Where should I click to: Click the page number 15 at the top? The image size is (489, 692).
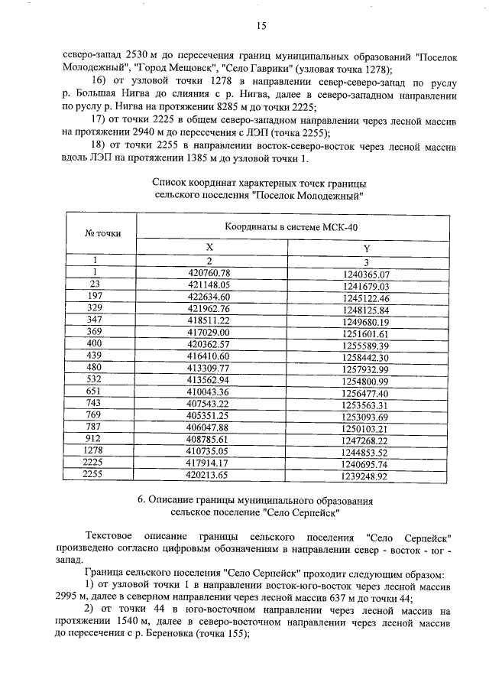[261, 25]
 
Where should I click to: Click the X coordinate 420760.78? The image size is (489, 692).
[209, 273]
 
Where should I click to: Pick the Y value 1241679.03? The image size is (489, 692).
[367, 286]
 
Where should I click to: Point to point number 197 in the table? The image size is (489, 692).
[96, 297]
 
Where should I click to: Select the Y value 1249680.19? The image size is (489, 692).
[367, 322]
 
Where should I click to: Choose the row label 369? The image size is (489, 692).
[96, 333]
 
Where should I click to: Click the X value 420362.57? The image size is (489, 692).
[209, 346]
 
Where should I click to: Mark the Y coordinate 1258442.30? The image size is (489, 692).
[367, 358]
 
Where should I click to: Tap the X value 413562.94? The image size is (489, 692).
[209, 382]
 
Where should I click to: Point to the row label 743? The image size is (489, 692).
[96, 405]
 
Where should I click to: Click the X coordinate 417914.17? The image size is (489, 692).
[209, 464]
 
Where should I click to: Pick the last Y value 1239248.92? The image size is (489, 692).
[367, 476]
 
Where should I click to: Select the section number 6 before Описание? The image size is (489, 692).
[141, 500]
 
